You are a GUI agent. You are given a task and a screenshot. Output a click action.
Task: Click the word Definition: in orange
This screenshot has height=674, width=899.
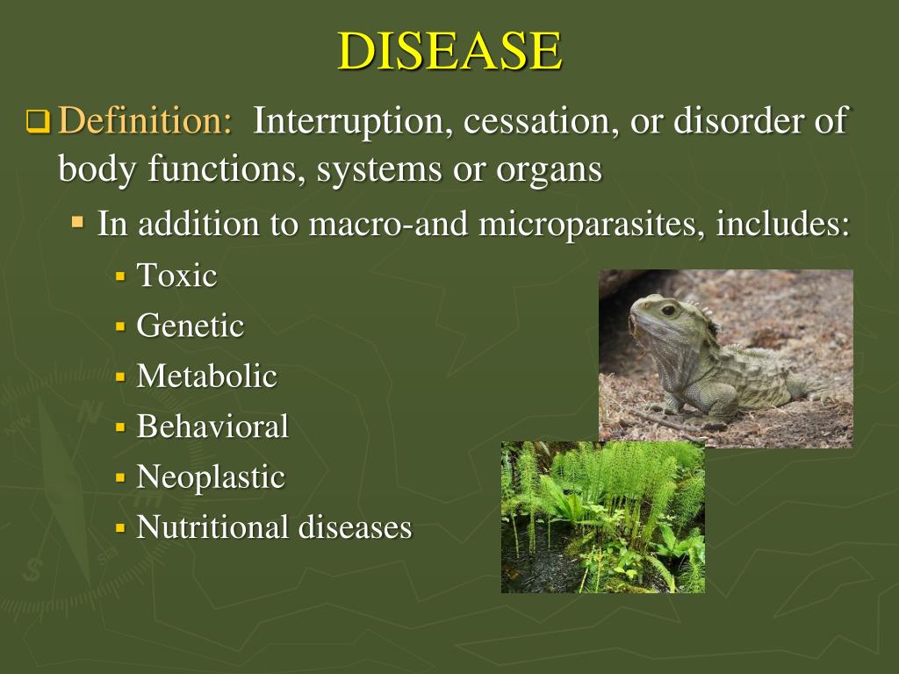point(145,121)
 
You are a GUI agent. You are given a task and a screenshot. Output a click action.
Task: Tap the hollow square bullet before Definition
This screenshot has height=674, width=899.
point(38,121)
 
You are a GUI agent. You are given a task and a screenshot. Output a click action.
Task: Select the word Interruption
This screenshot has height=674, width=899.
point(349,121)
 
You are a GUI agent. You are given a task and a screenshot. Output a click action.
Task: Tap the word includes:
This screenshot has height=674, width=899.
point(783,225)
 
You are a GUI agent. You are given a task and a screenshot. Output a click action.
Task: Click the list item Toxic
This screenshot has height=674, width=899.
point(176,276)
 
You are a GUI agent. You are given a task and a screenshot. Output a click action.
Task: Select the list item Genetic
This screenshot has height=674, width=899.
point(190,326)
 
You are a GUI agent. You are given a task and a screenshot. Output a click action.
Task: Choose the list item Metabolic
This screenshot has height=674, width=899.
point(206,376)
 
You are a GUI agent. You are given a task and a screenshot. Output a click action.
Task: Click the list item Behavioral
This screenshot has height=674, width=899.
point(212,427)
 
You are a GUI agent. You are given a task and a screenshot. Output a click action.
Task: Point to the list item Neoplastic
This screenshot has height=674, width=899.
point(211,477)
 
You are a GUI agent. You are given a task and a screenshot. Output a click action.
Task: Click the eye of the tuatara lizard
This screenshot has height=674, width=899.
point(669,310)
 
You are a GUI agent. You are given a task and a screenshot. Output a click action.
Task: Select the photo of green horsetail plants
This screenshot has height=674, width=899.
point(602,517)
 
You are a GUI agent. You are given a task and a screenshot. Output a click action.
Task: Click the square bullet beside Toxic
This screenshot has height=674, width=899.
point(121,276)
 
